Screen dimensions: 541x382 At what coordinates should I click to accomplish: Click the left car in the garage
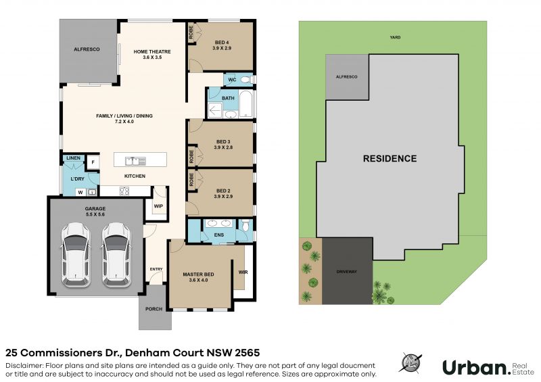76,255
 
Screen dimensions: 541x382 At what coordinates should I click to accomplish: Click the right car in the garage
116,255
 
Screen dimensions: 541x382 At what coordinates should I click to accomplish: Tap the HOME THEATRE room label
152,55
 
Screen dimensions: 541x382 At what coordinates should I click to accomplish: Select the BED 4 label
222,45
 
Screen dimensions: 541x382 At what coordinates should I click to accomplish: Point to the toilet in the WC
246,80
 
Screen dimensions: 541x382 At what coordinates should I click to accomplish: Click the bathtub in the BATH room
245,103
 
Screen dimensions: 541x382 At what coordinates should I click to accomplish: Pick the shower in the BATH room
215,110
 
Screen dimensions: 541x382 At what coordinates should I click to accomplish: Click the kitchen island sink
135,161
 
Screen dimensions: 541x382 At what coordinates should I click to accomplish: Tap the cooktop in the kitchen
124,191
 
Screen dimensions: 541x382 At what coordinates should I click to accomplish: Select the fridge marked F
93,162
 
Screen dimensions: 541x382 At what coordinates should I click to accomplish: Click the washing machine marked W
80,192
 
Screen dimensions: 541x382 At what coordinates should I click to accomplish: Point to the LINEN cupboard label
73,158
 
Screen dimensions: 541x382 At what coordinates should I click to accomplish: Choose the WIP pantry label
158,206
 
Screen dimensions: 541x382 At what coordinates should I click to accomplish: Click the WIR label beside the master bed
243,272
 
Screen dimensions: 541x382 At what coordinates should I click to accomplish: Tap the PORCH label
154,309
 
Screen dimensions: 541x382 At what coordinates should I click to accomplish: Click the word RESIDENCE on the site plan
390,158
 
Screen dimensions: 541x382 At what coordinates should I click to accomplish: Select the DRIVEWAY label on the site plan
347,272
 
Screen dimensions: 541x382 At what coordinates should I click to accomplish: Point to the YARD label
395,37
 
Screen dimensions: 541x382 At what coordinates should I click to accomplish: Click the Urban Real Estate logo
488,368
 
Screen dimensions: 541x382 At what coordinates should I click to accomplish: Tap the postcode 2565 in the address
248,353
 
